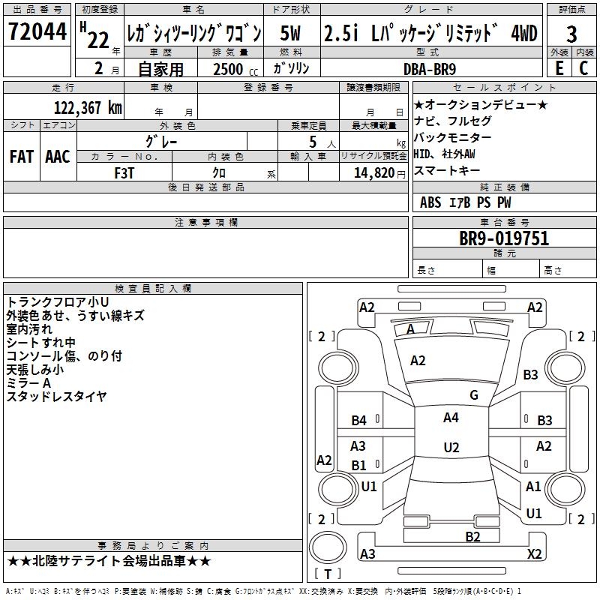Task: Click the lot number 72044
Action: point(37,31)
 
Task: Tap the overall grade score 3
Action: point(571,34)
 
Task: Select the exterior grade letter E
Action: point(559,68)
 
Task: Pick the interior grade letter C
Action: point(583,68)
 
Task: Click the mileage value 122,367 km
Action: point(88,108)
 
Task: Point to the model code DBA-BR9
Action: point(430,69)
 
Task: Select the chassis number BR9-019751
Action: point(504,238)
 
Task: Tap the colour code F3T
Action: point(124,173)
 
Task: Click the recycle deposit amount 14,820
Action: point(374,173)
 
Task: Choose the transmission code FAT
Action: point(22,157)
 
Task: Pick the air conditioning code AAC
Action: point(58,157)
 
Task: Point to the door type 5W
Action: point(290,33)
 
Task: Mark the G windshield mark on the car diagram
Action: point(474,395)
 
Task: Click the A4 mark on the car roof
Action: point(451,418)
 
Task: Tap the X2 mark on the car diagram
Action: point(534,553)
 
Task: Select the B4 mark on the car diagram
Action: point(359,421)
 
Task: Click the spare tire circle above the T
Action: point(328,547)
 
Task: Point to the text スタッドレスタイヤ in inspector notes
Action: point(56,397)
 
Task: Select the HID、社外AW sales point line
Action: point(444,154)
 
